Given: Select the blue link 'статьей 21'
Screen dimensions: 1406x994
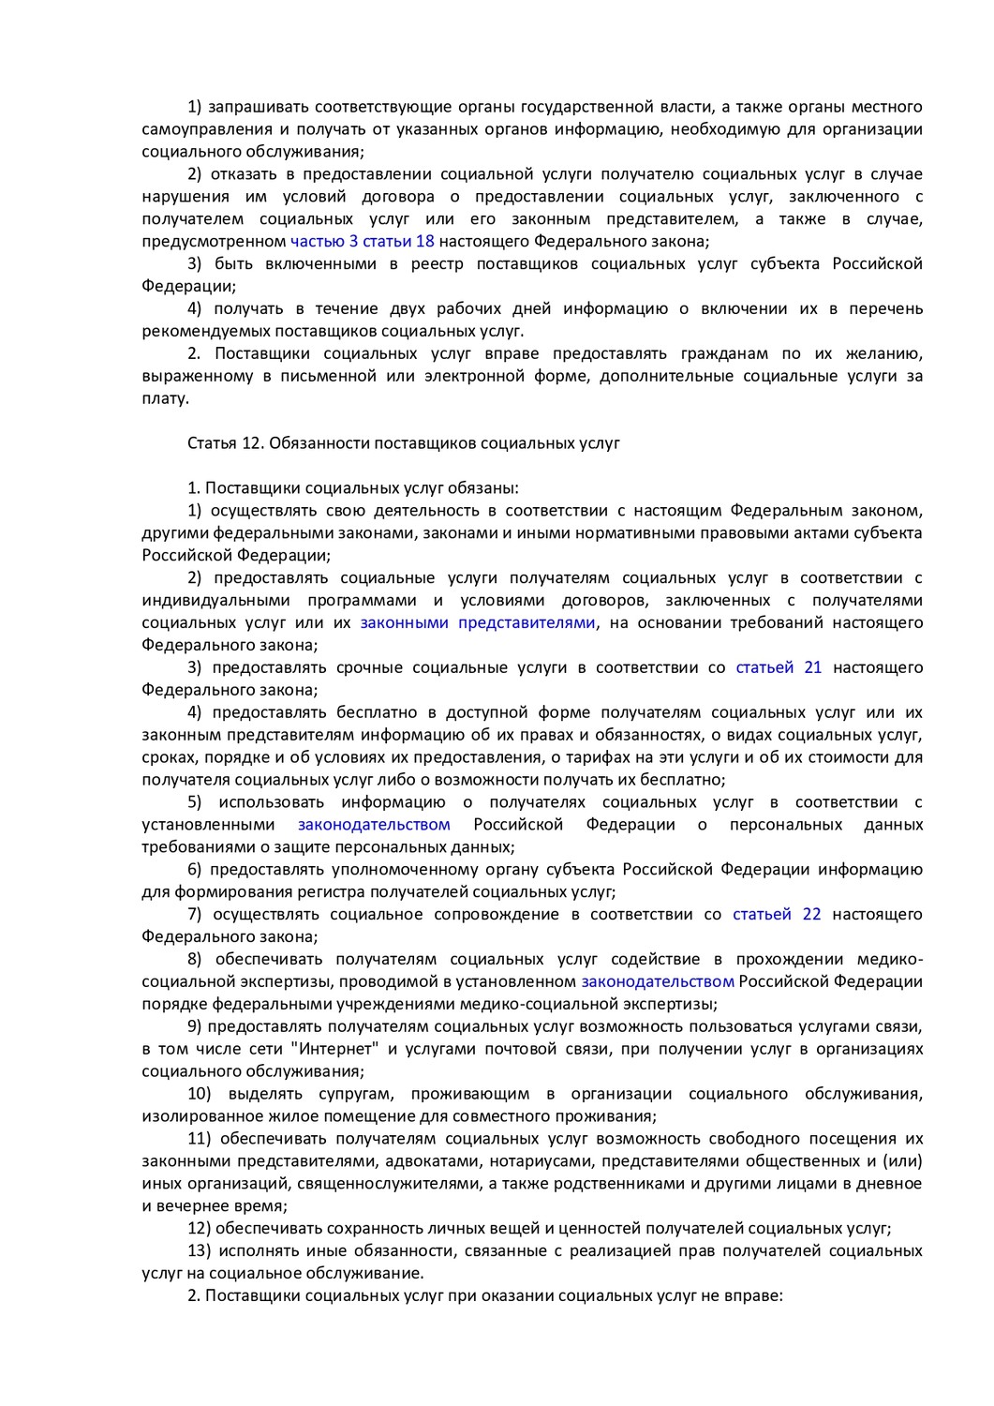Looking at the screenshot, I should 779,667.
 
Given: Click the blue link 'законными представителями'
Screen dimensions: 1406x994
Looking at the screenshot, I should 477,622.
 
